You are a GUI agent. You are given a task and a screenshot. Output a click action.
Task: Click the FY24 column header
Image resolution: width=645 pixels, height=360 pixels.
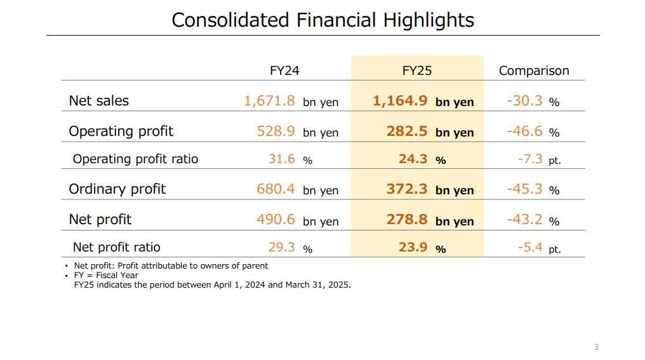click(x=284, y=70)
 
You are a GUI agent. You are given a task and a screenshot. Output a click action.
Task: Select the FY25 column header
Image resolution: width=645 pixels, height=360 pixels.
click(x=417, y=70)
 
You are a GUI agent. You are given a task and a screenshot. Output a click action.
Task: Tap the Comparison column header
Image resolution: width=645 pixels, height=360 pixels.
click(x=534, y=70)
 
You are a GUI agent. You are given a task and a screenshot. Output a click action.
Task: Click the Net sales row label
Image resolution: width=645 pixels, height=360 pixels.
click(x=98, y=100)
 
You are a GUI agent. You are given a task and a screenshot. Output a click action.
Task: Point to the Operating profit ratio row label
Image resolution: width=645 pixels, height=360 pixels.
click(x=135, y=159)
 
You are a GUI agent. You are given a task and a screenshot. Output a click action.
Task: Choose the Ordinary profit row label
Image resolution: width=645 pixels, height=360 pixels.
click(x=117, y=189)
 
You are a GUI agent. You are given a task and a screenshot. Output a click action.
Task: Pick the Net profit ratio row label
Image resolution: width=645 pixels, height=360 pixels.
click(x=116, y=247)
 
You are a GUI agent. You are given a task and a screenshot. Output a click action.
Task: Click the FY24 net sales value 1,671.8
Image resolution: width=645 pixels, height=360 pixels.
click(x=270, y=100)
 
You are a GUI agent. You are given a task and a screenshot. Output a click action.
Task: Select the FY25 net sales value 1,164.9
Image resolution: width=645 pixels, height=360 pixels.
click(x=400, y=100)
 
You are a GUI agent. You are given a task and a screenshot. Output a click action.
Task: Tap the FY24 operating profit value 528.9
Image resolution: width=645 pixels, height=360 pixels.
click(x=276, y=131)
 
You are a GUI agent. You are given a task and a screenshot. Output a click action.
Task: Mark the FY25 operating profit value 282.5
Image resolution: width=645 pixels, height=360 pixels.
click(x=407, y=131)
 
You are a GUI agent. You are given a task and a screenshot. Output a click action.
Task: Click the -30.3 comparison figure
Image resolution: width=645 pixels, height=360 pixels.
click(x=525, y=100)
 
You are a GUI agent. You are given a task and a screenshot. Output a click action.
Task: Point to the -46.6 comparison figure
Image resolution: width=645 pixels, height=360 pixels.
click(x=525, y=131)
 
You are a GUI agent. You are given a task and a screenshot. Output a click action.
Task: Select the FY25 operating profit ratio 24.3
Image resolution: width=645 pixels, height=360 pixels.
click(x=413, y=159)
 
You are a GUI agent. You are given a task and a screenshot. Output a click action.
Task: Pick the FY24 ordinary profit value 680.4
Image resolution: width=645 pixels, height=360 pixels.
click(x=276, y=189)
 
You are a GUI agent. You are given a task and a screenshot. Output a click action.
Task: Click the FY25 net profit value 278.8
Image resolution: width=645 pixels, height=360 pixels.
click(x=407, y=219)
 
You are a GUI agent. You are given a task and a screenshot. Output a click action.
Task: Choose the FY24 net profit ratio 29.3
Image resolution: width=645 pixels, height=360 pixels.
click(x=282, y=247)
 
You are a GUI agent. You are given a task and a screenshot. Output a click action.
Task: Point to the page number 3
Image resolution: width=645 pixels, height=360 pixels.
click(x=596, y=347)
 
